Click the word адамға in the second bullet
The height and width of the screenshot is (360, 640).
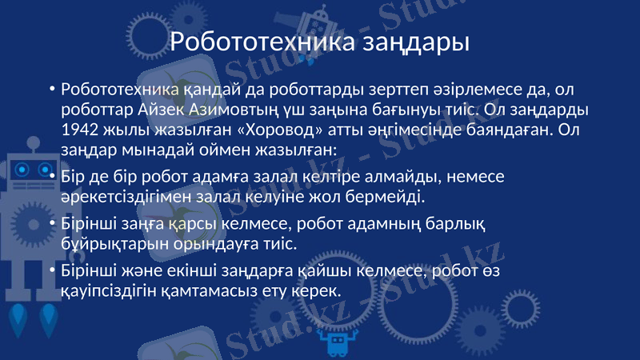218,175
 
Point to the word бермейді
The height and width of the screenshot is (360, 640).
389,195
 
